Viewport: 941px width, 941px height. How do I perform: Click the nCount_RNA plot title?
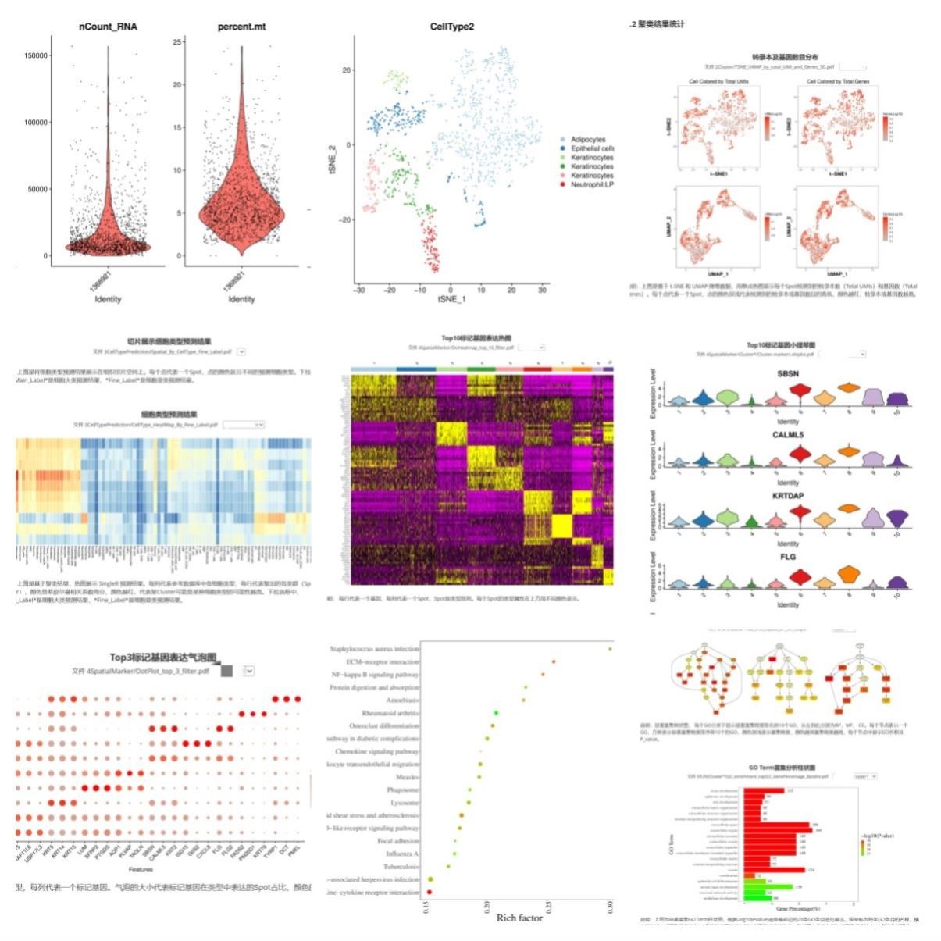click(x=108, y=27)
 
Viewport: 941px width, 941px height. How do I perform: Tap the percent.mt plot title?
click(x=241, y=27)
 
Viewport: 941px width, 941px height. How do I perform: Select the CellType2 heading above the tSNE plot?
click(x=451, y=27)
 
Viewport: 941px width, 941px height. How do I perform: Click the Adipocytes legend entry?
click(x=587, y=140)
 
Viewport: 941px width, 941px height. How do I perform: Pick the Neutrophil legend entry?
click(x=591, y=185)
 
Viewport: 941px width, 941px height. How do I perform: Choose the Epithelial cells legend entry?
click(x=591, y=148)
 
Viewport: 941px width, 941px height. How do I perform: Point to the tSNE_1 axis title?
click(x=451, y=300)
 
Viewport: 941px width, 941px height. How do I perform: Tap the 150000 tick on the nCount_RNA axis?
click(x=37, y=55)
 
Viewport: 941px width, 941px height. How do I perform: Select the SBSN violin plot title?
click(x=788, y=374)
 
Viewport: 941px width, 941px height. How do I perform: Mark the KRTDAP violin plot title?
click(x=788, y=496)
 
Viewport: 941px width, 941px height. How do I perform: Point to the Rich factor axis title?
click(x=519, y=918)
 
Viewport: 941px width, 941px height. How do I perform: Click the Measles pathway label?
click(x=408, y=777)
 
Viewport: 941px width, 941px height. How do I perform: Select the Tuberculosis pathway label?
click(x=401, y=867)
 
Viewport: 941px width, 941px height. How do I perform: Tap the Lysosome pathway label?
click(x=405, y=803)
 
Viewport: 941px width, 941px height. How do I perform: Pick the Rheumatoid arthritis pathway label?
click(x=390, y=713)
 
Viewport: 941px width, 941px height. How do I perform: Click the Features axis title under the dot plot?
click(x=141, y=869)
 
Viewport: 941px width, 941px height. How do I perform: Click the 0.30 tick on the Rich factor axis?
click(x=611, y=906)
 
